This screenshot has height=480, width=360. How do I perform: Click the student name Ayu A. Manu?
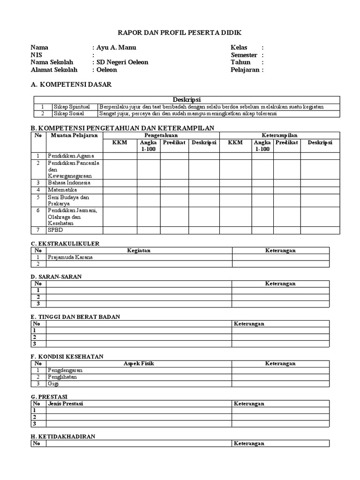pyautogui.click(x=116, y=47)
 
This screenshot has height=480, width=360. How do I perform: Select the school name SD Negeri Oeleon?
pyautogui.click(x=122, y=62)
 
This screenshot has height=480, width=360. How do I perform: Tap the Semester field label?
pyautogui.click(x=244, y=55)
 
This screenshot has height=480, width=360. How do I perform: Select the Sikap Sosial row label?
pyautogui.click(x=68, y=113)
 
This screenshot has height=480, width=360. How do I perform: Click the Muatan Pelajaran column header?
pyautogui.click(x=74, y=135)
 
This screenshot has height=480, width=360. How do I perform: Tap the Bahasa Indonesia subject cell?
pyautogui.click(x=69, y=183)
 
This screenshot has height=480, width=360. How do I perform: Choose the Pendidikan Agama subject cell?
pyautogui.click(x=71, y=156)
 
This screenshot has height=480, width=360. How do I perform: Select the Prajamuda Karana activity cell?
pyautogui.click(x=70, y=257)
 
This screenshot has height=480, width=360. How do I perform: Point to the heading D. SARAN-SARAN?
pyautogui.click(x=56, y=277)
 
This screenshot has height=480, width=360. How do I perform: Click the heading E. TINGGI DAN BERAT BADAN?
pyautogui.click(x=75, y=317)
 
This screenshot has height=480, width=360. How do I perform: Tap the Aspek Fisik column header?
pyautogui.click(x=139, y=363)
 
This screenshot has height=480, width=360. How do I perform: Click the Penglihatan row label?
pyautogui.click(x=62, y=377)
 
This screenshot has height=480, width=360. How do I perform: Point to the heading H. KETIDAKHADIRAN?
pyautogui.click(x=63, y=436)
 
